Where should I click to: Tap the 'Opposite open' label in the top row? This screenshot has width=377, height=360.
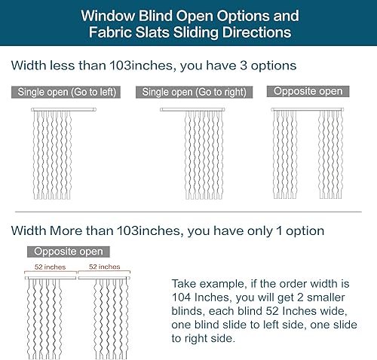pyautogui.click(x=308, y=92)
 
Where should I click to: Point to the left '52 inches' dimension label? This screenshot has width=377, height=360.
pyautogui.click(x=50, y=267)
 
